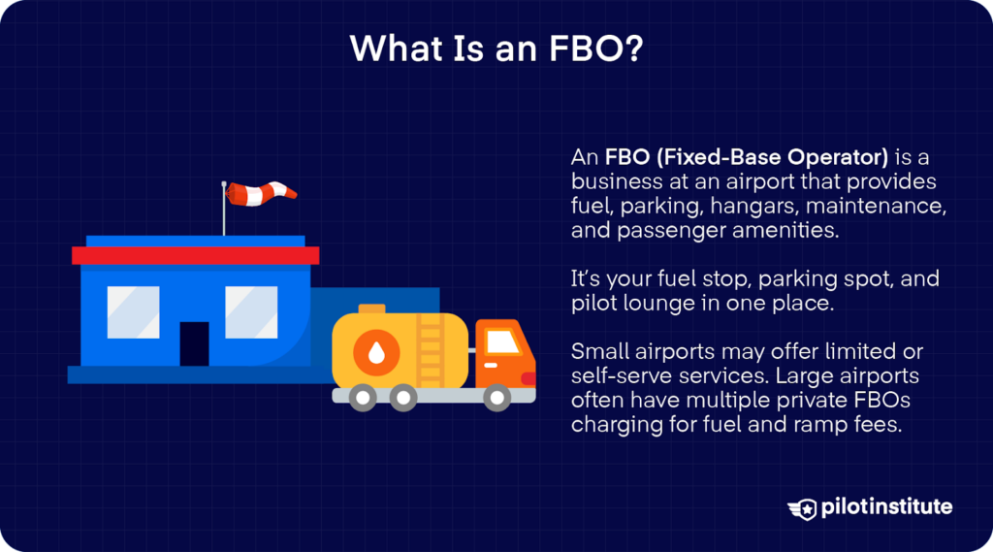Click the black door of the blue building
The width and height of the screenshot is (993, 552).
coord(194,343)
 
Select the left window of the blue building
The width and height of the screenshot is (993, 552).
coord(133,311)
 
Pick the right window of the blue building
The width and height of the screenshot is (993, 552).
coord(251,311)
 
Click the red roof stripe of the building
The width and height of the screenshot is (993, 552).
coord(195,255)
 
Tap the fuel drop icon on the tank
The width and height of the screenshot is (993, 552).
coord(373,350)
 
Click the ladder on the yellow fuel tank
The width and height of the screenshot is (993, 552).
coord(430,347)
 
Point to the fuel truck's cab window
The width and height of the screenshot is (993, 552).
coord(502,341)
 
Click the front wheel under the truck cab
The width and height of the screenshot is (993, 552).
coord(497,397)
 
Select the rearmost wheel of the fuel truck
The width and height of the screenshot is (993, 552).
coord(364,397)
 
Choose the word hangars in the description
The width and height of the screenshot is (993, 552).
coord(754,207)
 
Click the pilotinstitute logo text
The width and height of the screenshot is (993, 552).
coord(883,506)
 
